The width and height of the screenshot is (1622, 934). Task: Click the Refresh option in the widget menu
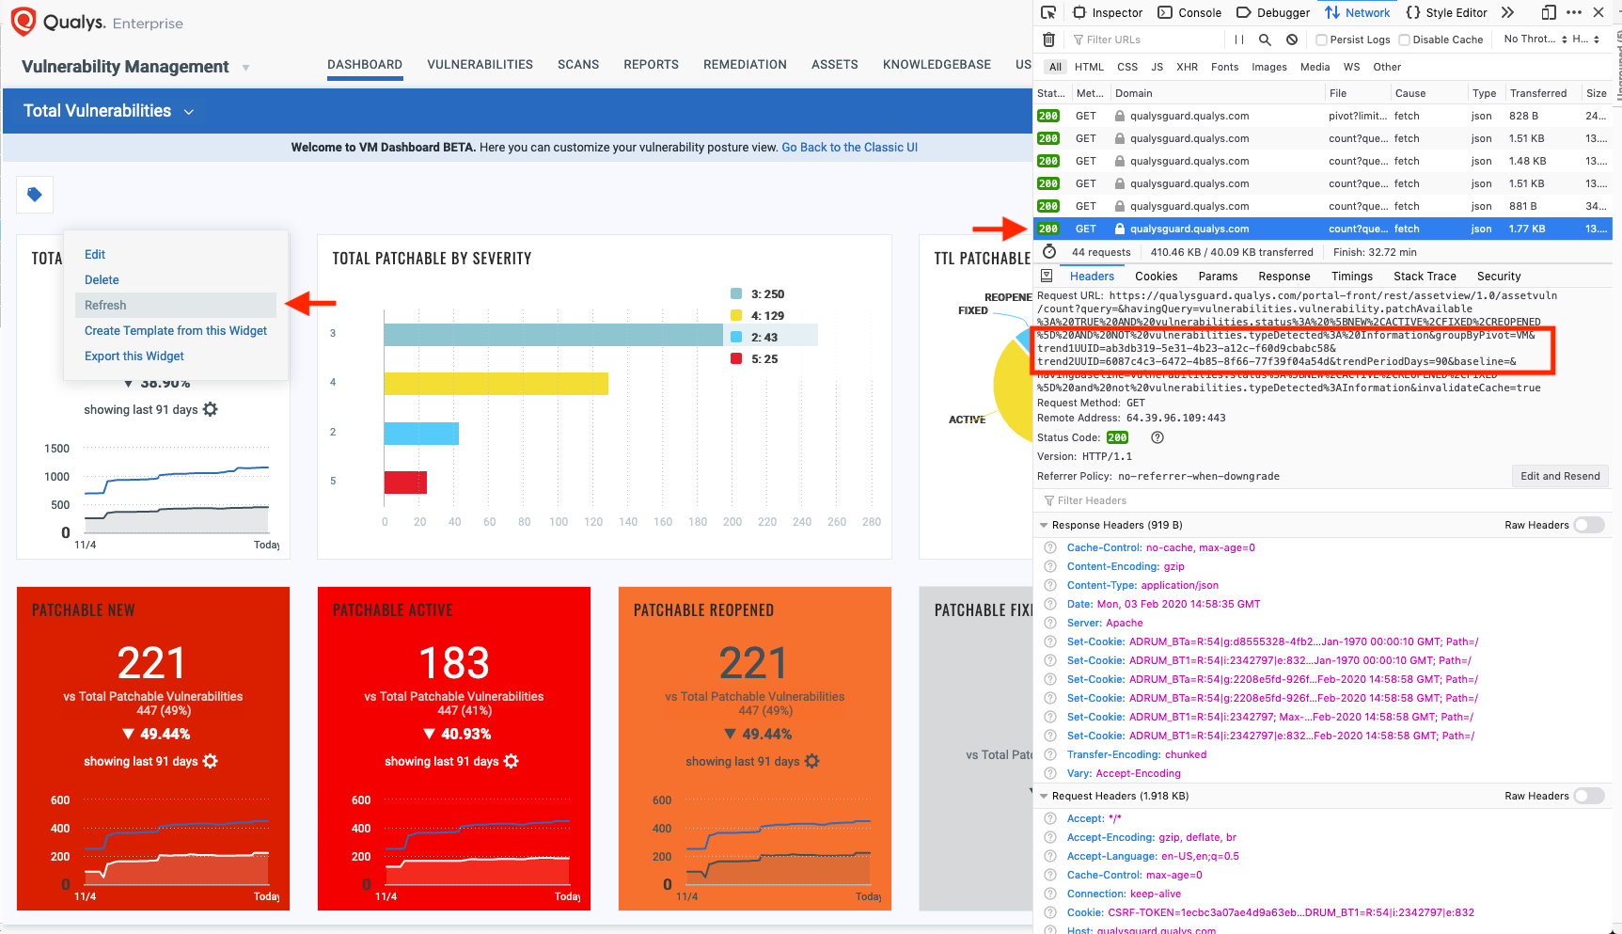click(105, 306)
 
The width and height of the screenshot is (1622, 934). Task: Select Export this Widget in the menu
click(134, 356)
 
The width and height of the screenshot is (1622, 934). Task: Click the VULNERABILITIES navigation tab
click(480, 65)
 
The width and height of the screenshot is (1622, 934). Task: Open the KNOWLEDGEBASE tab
click(936, 65)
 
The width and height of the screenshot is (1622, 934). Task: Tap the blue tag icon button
click(35, 195)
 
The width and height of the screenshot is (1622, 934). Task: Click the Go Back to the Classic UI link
click(849, 148)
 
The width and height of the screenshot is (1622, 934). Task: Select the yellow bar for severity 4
click(496, 384)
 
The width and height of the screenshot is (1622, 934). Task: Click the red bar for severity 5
click(405, 483)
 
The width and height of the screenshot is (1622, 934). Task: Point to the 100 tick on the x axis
click(559, 522)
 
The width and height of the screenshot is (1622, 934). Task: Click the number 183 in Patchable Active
click(453, 663)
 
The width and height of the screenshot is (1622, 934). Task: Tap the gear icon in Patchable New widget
click(211, 762)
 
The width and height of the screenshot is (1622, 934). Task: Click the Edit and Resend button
click(1559, 476)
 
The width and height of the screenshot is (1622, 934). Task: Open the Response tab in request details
click(1283, 277)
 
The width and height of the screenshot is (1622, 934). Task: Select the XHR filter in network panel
click(1187, 67)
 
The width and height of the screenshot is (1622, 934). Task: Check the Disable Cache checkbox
click(1405, 40)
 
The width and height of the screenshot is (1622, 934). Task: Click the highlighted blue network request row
click(1316, 229)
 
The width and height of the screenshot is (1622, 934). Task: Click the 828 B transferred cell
click(1523, 116)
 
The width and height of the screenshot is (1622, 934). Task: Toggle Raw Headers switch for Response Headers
click(1588, 525)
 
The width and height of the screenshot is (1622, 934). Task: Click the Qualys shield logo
click(24, 21)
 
